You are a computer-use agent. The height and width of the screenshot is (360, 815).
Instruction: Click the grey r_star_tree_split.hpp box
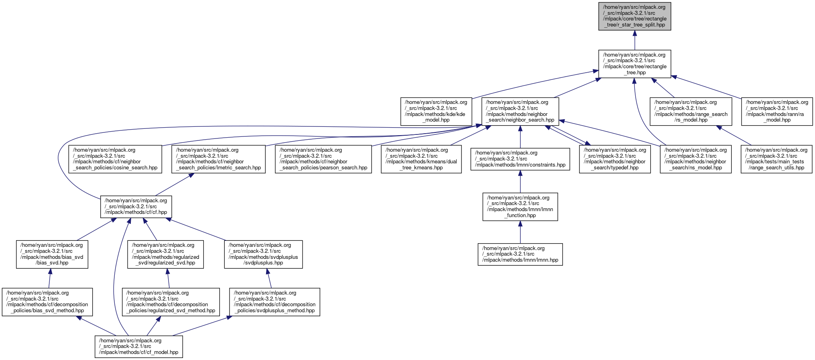click(634, 16)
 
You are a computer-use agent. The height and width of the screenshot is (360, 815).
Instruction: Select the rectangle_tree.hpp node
click(634, 64)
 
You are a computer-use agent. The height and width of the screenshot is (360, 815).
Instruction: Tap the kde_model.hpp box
click(435, 111)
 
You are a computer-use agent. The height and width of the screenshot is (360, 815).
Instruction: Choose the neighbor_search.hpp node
click(520, 111)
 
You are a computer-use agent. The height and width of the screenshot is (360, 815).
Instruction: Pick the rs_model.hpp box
click(691, 111)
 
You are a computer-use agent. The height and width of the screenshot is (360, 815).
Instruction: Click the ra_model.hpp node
click(777, 111)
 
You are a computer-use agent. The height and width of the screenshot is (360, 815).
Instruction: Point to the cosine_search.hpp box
click(115, 159)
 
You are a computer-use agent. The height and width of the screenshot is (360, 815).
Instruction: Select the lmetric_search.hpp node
click(218, 159)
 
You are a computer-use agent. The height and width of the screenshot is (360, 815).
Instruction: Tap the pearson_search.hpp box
click(323, 159)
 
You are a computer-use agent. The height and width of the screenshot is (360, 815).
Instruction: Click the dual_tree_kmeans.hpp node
click(421, 159)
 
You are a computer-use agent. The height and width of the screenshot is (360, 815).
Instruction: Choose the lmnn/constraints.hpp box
click(520, 159)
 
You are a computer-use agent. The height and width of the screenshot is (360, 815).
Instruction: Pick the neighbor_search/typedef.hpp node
click(615, 159)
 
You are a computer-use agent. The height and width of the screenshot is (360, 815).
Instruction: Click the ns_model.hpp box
click(696, 159)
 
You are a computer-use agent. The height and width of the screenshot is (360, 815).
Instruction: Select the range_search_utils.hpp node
click(776, 159)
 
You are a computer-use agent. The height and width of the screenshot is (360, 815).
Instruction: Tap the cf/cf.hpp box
click(136, 207)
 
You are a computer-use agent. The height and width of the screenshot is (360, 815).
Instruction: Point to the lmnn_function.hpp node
click(520, 207)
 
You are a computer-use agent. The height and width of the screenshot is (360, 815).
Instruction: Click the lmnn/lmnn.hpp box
click(520, 254)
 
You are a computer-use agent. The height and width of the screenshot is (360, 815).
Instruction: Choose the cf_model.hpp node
click(139, 346)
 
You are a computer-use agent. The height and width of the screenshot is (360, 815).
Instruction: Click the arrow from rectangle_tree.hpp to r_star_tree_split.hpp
click(634, 40)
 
